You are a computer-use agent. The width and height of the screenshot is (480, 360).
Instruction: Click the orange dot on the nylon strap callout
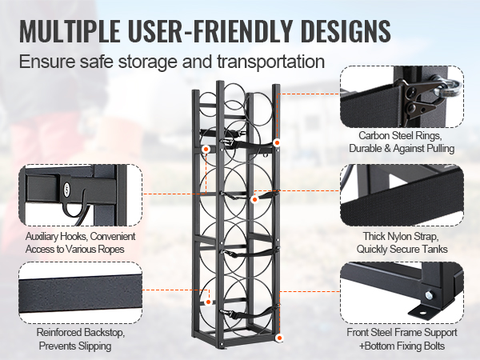click(x=254, y=194)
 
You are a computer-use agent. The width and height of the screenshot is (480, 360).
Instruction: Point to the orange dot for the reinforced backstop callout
click(x=206, y=303)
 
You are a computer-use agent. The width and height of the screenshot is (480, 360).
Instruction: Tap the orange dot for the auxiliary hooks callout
click(x=206, y=149)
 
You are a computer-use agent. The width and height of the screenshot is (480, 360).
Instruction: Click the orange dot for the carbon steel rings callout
click(x=277, y=142)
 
